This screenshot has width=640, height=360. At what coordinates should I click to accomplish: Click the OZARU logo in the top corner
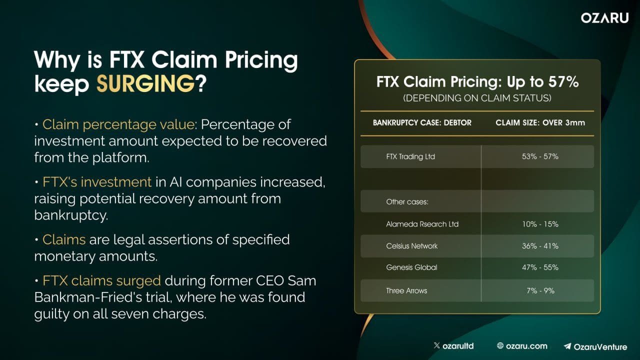click(604, 18)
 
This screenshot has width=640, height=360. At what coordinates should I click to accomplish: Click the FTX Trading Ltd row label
click(410, 156)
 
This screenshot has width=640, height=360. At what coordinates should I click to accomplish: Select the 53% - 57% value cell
click(539, 156)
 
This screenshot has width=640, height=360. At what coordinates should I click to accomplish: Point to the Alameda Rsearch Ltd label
click(422, 224)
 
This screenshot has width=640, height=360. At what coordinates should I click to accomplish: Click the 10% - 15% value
click(539, 224)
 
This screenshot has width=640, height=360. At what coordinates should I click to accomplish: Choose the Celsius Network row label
click(411, 246)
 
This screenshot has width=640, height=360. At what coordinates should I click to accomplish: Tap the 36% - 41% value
click(539, 246)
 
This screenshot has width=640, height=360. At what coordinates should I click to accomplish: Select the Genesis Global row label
click(411, 267)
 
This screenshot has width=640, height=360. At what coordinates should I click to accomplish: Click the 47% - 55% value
click(539, 267)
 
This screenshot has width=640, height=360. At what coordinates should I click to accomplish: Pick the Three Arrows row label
click(406, 290)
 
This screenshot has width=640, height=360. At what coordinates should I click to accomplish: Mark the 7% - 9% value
click(539, 290)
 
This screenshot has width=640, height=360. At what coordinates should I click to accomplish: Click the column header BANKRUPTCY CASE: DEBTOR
click(422, 122)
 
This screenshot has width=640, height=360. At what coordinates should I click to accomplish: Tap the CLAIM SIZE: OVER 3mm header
click(540, 122)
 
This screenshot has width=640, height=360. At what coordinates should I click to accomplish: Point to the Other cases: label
click(407, 202)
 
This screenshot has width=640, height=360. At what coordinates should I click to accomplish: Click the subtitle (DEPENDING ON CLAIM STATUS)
click(477, 98)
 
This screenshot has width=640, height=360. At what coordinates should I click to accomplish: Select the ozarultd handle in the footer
click(453, 345)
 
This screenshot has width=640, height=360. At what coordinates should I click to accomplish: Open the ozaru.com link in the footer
click(522, 345)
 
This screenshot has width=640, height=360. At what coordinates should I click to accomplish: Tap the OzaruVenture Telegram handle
click(595, 345)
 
